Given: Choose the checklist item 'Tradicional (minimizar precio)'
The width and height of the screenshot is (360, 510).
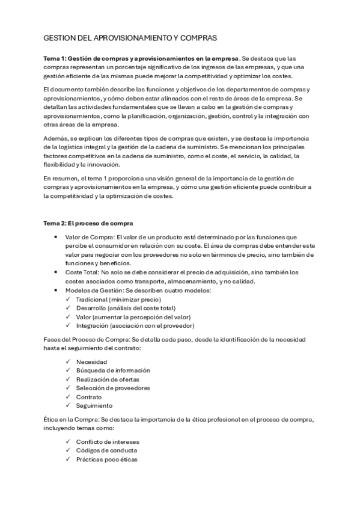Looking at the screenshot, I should pos(118,299).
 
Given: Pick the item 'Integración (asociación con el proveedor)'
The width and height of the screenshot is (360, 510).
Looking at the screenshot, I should pos(135,325).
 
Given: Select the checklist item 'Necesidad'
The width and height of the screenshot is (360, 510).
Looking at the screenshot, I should pos(91,361).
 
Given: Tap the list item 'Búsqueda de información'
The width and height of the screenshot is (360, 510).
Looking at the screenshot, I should pos(112,370).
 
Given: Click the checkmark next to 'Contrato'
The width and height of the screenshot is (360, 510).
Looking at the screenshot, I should pos(67,397).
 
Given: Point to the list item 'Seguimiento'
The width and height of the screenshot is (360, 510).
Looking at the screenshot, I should pos(94,405).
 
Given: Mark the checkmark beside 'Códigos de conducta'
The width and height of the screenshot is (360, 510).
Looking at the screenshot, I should pos(67,450).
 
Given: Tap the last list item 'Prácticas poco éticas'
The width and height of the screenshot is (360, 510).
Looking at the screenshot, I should pos(106,459).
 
